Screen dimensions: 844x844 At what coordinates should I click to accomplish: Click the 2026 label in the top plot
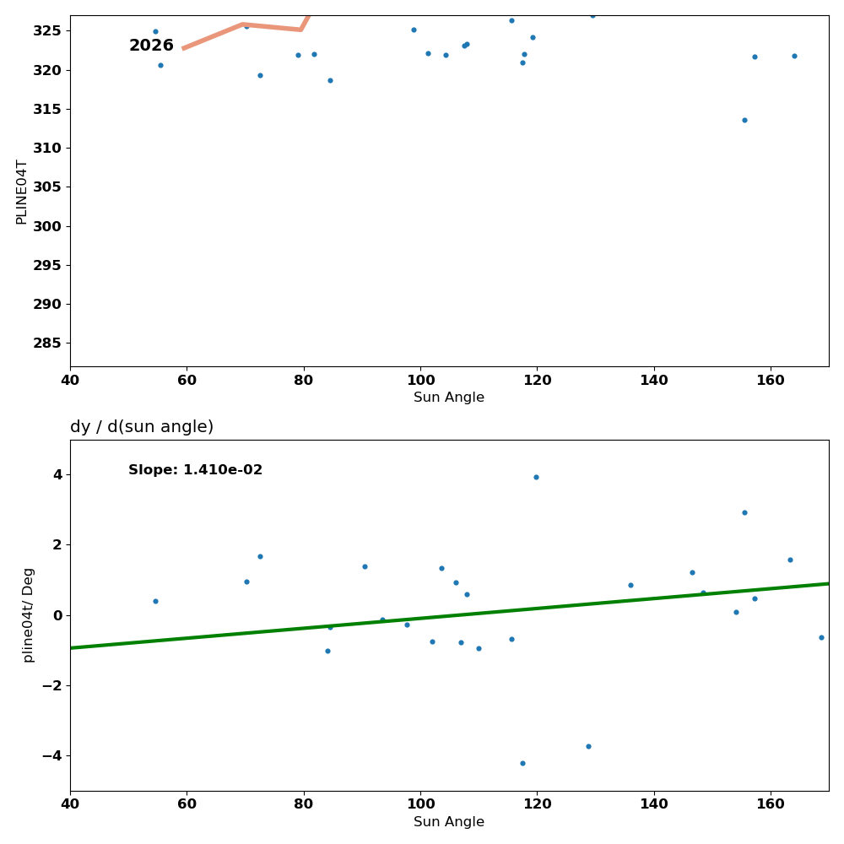(x=151, y=46)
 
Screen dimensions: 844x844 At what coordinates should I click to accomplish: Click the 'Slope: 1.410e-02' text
(x=195, y=470)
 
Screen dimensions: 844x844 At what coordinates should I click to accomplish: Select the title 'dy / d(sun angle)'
(x=142, y=427)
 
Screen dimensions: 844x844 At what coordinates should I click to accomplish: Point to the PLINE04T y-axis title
(x=22, y=192)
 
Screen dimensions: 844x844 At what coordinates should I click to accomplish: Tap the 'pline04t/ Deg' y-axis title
(x=29, y=614)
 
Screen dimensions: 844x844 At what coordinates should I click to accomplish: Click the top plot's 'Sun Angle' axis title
(x=449, y=398)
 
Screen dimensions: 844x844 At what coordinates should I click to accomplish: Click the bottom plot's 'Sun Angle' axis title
(x=449, y=822)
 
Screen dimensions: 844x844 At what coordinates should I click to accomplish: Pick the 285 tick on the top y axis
(x=47, y=343)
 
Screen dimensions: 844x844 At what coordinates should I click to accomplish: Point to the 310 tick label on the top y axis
(x=47, y=148)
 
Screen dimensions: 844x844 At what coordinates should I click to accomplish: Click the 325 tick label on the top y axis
(x=47, y=30)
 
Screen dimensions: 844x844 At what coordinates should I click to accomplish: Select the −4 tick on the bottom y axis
(x=51, y=755)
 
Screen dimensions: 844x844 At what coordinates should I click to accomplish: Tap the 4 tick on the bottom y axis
(x=57, y=474)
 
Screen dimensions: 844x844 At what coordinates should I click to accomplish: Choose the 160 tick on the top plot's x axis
(x=771, y=380)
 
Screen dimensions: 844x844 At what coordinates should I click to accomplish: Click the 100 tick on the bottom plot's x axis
(x=420, y=804)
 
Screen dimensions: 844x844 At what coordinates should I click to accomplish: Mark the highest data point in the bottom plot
(x=536, y=477)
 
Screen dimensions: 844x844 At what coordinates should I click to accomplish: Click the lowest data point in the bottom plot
(x=522, y=763)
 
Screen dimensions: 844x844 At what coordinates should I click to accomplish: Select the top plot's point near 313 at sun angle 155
(x=744, y=120)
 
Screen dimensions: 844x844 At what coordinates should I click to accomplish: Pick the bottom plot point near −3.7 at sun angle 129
(x=588, y=746)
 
